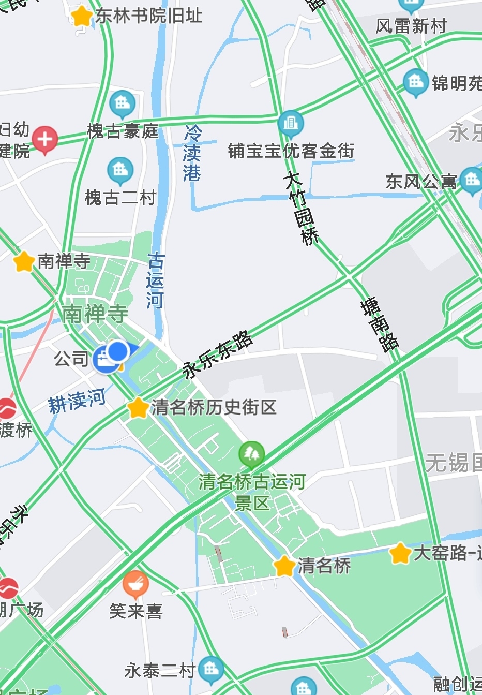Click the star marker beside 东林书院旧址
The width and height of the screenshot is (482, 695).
coord(81,16)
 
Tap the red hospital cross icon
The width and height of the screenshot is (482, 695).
coord(45,139)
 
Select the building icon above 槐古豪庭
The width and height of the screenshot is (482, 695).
coord(123,102)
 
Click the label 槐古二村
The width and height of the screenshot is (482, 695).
coord(120,197)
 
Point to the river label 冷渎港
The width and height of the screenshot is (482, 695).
coord(192,153)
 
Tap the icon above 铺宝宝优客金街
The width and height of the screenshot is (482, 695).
coord(291,123)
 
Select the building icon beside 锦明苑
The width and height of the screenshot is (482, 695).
coord(415,82)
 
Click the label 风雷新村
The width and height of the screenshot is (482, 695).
coord(411,26)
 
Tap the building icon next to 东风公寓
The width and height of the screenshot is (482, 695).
coord(471,180)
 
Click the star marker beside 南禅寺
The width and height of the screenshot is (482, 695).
coord(24,261)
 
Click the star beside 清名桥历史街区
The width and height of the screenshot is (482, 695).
coord(138,408)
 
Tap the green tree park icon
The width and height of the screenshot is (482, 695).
coord(252,454)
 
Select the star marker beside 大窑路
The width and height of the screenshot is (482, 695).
coord(400,553)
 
